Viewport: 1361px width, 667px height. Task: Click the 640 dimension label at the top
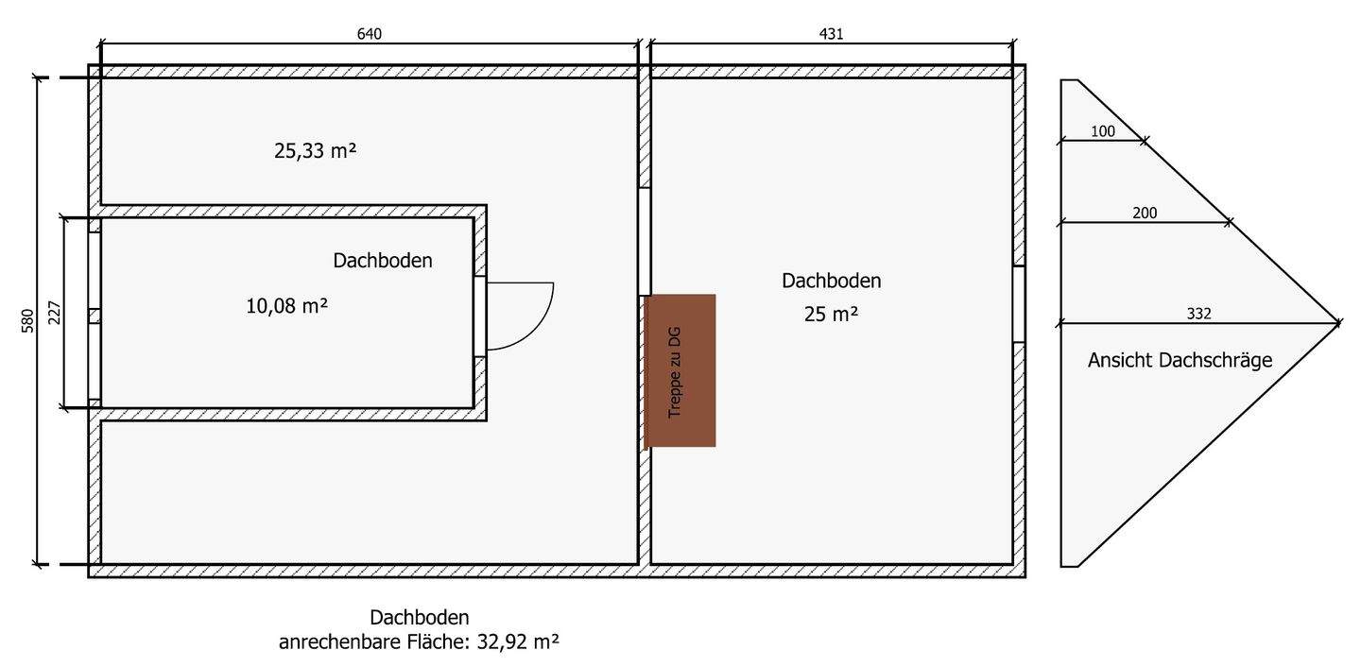coord(370,33)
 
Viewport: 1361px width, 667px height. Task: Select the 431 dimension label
coord(831,33)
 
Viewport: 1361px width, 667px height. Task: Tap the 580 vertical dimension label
coord(27,321)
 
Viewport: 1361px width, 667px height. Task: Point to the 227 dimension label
coord(54,313)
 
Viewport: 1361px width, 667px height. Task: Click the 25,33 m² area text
coord(315,150)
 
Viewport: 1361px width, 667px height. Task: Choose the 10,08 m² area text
coord(286,306)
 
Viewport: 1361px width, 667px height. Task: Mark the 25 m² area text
coord(831,315)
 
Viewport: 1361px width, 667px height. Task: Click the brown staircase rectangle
coord(680,370)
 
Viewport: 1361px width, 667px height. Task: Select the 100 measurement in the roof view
coord(1103,132)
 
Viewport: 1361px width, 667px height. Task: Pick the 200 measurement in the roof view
coord(1145,214)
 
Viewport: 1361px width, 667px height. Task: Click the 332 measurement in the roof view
coord(1198,314)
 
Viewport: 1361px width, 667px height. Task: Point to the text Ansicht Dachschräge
coord(1180,360)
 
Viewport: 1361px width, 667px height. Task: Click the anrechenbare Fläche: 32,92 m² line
coord(419,642)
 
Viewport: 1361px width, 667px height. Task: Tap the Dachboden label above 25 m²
coord(831,281)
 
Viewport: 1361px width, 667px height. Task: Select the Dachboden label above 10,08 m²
coord(383,261)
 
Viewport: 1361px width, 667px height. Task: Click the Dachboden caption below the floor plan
coord(419,618)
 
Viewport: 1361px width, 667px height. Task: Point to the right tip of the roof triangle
coord(1338,323)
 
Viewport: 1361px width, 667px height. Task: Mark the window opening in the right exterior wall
coord(1019,304)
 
